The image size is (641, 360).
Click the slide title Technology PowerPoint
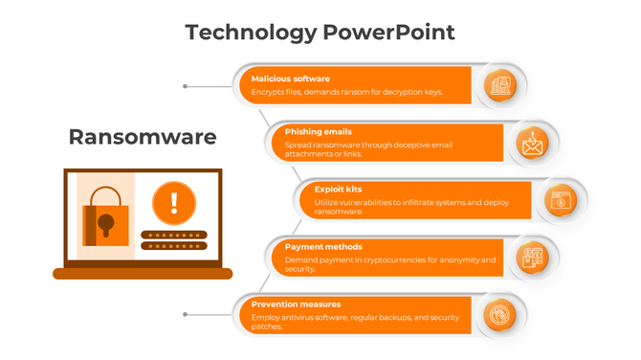click(x=320, y=33)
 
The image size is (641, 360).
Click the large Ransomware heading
click(x=143, y=137)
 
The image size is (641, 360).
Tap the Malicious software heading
click(x=291, y=79)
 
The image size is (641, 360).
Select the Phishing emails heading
click(x=319, y=132)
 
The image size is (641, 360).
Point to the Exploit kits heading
click(x=338, y=190)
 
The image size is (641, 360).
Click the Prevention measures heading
click(x=296, y=304)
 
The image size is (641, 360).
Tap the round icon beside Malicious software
click(x=500, y=86)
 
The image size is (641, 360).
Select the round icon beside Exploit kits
click(x=558, y=200)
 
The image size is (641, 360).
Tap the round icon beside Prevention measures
click(x=500, y=314)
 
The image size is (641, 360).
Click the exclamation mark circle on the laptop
click(x=173, y=201)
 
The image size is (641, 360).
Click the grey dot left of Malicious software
click(x=185, y=86)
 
